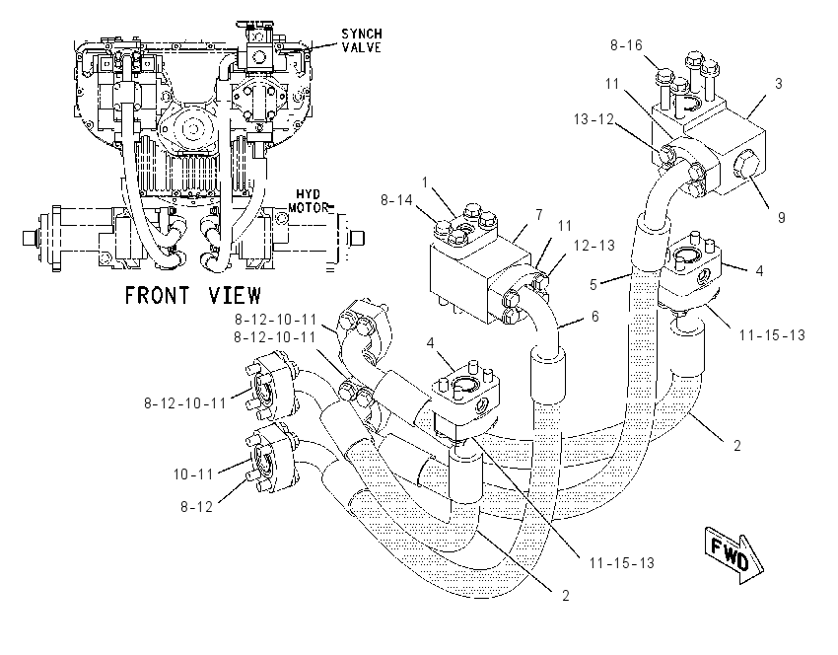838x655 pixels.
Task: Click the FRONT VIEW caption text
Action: click(x=193, y=295)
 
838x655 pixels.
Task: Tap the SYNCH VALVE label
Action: click(x=362, y=40)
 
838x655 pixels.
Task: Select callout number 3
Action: click(x=779, y=84)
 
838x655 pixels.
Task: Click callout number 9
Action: click(x=782, y=218)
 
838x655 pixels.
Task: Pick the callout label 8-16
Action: click(x=626, y=45)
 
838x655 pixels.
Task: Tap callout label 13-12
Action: click(x=594, y=118)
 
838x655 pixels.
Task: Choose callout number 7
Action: click(x=539, y=214)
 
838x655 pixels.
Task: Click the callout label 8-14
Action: click(x=396, y=200)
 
